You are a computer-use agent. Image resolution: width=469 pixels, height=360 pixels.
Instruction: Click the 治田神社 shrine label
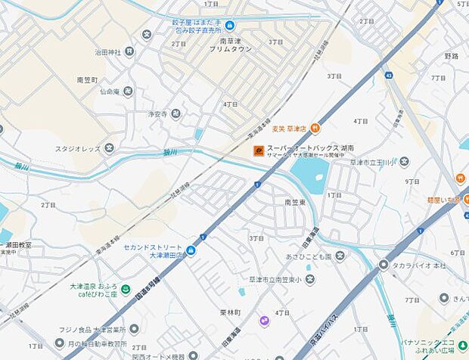tap(108, 52)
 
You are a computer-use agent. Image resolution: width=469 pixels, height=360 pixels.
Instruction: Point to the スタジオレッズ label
tap(77, 148)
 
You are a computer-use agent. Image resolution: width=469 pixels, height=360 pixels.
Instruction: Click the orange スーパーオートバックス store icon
tap(259, 150)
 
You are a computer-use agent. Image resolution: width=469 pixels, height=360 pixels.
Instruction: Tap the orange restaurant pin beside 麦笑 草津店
tap(315, 128)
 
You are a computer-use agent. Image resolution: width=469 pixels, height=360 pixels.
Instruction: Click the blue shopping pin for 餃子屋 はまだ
tap(229, 26)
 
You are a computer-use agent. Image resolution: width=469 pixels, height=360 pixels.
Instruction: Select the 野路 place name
tap(452, 56)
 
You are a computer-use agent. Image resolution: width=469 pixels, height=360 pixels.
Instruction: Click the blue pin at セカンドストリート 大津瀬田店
tap(191, 250)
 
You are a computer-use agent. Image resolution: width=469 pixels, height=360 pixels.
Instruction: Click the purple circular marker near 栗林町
tap(264, 321)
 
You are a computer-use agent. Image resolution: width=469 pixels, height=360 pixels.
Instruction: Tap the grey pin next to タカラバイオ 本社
tap(384, 265)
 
